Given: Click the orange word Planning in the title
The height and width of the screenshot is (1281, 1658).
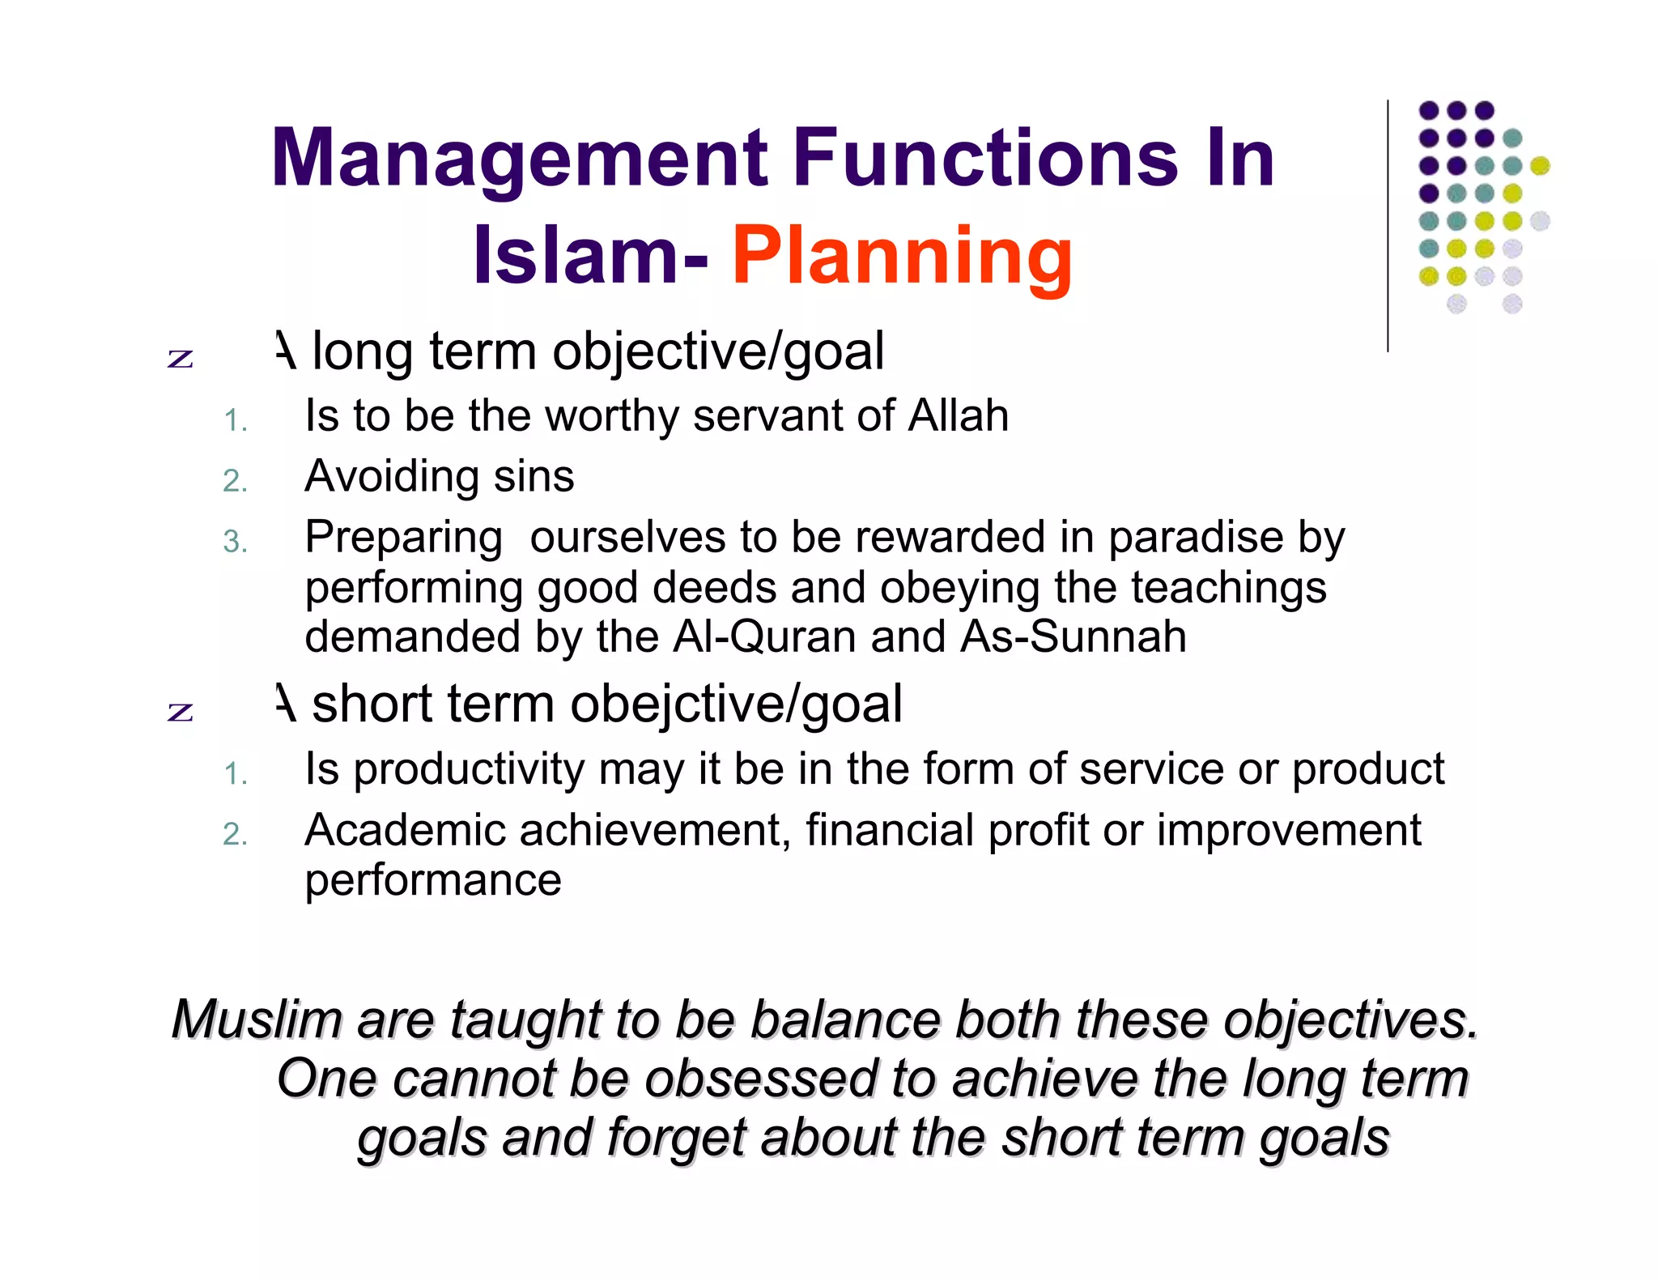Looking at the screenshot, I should pos(902,256).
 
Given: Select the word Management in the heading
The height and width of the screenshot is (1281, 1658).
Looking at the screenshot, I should pos(519,159).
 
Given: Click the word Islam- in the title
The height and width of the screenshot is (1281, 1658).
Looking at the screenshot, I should pos(591,256).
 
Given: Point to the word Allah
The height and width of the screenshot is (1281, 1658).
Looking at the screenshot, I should pos(958,416).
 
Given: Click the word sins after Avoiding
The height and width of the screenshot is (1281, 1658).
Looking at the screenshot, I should pos(534,476).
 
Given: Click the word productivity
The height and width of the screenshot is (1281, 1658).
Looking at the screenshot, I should pos(469,769).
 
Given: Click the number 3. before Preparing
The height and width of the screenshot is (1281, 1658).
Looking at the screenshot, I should pos(235,542).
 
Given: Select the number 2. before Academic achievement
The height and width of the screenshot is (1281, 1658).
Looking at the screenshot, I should pos(235,835).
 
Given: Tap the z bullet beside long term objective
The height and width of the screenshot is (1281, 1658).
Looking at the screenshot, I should pos(181,359).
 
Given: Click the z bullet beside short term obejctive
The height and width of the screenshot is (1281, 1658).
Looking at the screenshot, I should pos(181,712).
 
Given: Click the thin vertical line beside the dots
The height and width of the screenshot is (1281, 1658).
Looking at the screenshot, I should pos(1388,227).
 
